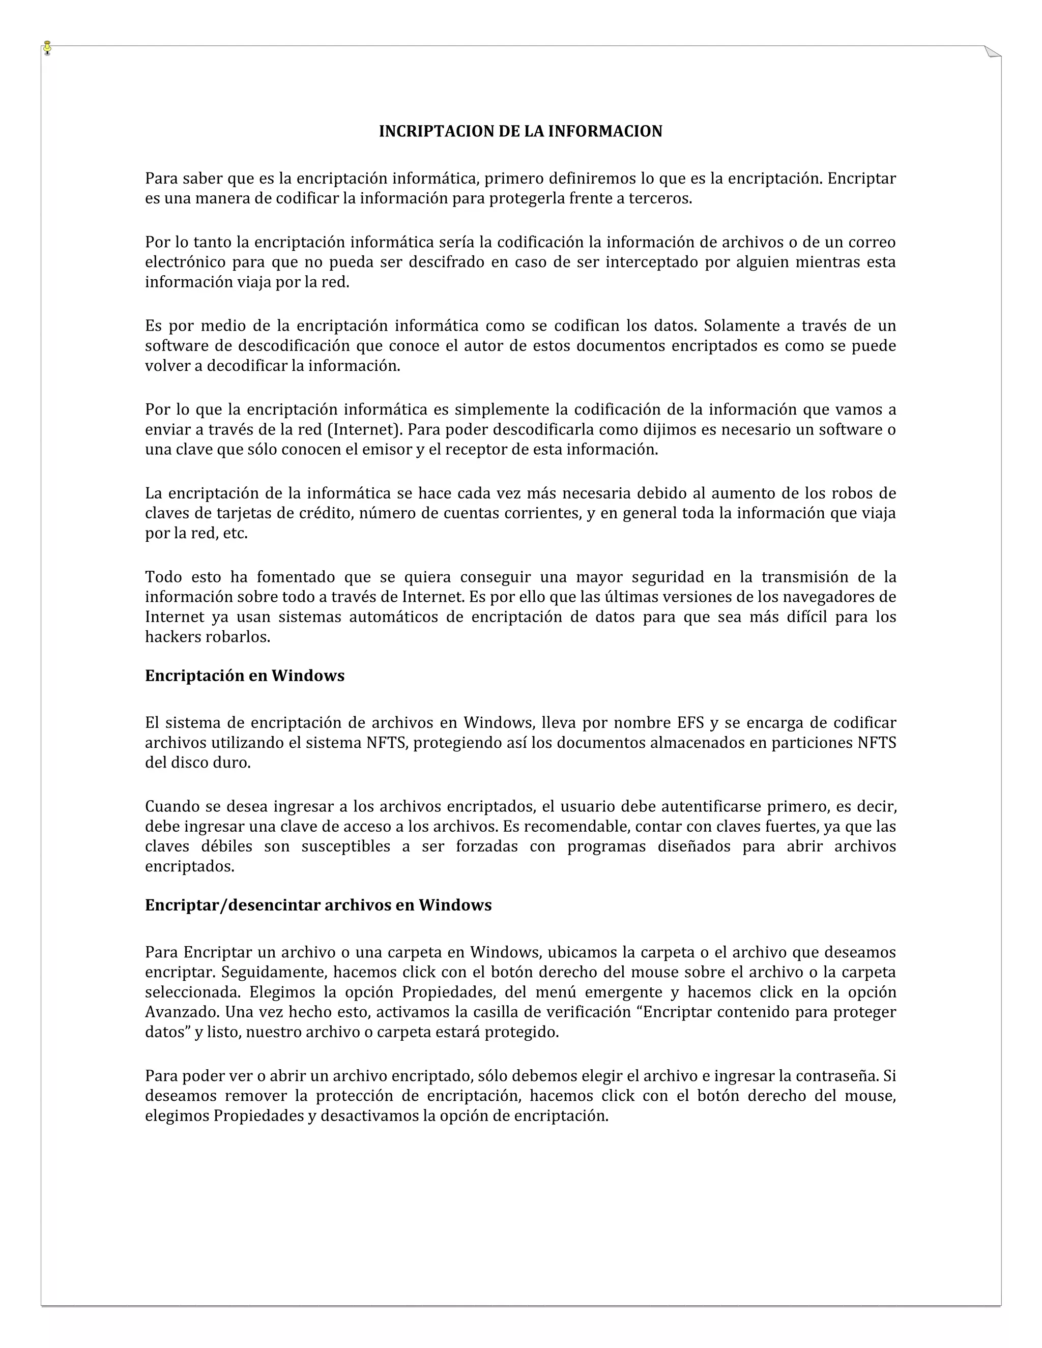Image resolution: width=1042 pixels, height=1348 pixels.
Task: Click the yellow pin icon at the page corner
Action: [x=47, y=47]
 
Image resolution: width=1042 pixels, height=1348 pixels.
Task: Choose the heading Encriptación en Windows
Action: [x=244, y=676]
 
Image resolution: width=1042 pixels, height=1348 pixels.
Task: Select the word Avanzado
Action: [x=182, y=1012]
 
